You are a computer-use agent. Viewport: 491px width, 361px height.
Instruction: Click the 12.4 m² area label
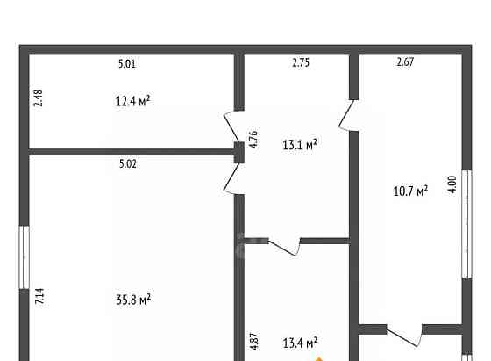point(132,101)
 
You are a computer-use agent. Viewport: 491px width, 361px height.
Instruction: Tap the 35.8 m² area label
point(133,300)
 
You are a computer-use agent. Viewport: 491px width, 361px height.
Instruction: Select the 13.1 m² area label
point(300,144)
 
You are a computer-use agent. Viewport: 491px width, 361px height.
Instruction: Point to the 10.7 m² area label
point(410,191)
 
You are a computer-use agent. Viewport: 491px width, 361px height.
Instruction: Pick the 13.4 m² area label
point(300,343)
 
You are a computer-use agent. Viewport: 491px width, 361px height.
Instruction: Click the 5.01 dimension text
point(127,63)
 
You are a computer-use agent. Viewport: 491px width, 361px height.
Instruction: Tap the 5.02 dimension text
point(128,163)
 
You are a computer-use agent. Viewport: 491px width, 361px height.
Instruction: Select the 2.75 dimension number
point(301,62)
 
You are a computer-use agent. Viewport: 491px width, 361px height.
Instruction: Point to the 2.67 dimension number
point(405,61)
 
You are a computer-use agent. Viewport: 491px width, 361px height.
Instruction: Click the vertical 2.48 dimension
point(39,98)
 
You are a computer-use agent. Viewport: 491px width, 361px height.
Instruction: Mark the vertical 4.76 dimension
point(253,139)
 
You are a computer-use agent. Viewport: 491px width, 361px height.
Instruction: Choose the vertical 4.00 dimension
point(452,184)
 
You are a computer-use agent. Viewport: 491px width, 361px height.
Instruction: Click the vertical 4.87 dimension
point(254,342)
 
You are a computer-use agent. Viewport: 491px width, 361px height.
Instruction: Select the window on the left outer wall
point(25,257)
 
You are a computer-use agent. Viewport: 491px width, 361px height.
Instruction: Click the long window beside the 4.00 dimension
point(466,224)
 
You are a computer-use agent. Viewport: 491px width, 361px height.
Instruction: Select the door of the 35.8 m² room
point(232,179)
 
